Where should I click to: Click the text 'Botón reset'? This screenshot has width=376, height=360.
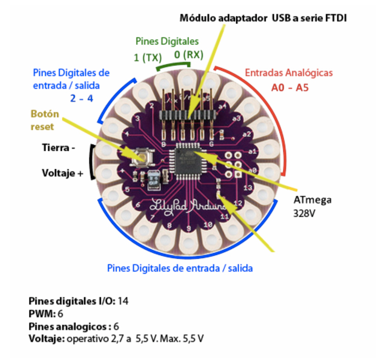pos(45,120)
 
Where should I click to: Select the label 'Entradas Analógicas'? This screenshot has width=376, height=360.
pos(289,72)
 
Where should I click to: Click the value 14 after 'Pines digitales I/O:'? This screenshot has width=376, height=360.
pos(123,301)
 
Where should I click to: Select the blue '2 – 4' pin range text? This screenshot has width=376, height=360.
pos(81,98)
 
